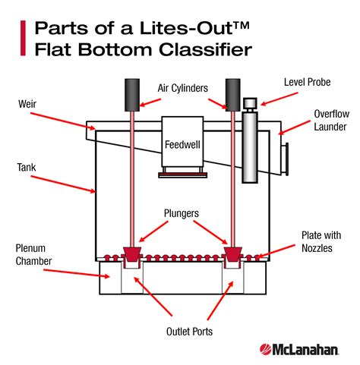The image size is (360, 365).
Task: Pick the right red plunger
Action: pos(231,252)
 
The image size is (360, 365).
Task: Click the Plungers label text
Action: pos(179,214)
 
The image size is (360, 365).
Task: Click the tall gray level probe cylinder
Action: pos(250,148)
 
